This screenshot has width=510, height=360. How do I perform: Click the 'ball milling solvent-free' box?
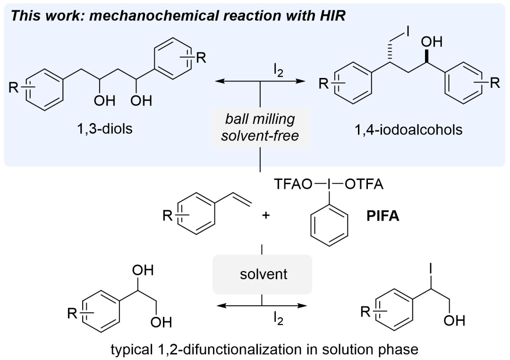pos(260,126)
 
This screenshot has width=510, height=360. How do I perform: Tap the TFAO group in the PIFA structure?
pos(291,185)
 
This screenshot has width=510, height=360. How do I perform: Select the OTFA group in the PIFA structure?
pos(364,185)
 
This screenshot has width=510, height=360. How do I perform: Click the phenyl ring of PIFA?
pos(329,225)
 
